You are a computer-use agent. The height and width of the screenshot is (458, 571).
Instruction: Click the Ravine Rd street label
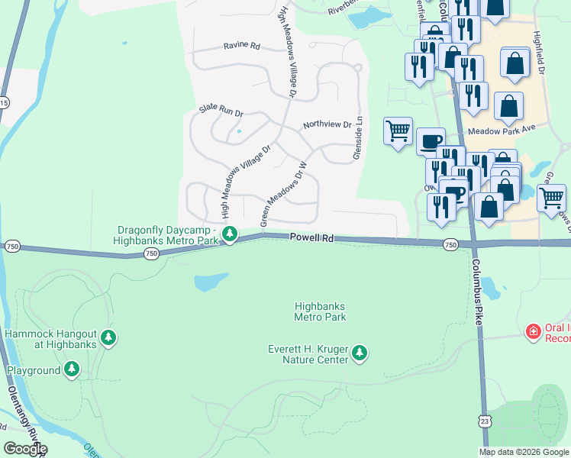click(242, 46)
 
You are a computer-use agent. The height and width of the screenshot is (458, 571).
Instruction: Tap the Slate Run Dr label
click(221, 111)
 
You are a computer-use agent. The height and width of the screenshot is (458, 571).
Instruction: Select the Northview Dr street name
click(327, 124)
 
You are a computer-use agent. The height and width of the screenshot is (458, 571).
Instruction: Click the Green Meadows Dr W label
click(282, 194)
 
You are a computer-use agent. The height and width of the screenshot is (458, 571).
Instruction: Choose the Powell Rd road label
click(311, 238)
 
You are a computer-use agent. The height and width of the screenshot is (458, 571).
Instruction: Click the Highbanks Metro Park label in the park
click(321, 311)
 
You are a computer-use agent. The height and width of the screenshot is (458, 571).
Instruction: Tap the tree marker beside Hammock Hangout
click(108, 337)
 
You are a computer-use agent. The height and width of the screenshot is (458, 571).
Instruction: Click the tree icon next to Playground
click(72, 370)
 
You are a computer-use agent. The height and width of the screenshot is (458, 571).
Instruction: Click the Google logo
click(25, 449)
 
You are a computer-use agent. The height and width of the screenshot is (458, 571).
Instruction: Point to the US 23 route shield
click(485, 420)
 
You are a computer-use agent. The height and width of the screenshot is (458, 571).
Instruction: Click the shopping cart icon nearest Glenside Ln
click(398, 132)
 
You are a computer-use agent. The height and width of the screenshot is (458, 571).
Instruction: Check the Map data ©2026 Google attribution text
click(524, 452)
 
